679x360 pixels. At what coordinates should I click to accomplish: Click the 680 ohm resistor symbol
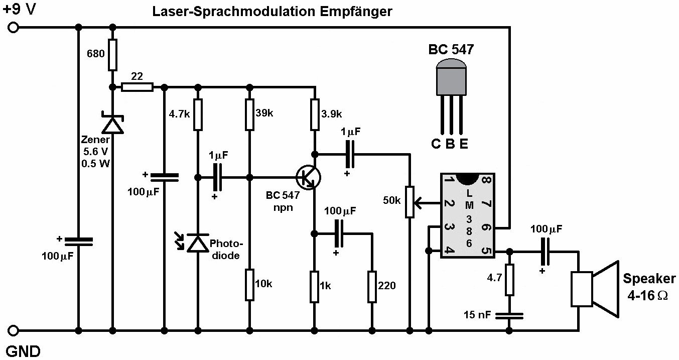click(112, 55)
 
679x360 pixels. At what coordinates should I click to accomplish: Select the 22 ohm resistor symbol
click(138, 87)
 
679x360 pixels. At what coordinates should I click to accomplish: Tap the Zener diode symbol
click(112, 123)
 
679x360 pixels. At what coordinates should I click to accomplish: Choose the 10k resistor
click(249, 284)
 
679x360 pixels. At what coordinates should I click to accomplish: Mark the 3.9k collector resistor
click(315, 113)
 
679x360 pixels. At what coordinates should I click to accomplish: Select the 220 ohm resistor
click(372, 286)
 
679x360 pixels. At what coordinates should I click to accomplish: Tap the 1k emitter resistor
click(315, 287)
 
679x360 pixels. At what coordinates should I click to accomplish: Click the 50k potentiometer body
click(410, 202)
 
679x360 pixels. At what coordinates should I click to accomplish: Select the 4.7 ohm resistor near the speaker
click(509, 280)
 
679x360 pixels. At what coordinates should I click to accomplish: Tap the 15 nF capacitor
click(509, 315)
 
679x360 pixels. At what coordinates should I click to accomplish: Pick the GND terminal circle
click(13, 330)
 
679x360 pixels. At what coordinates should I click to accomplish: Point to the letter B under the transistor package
click(450, 144)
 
